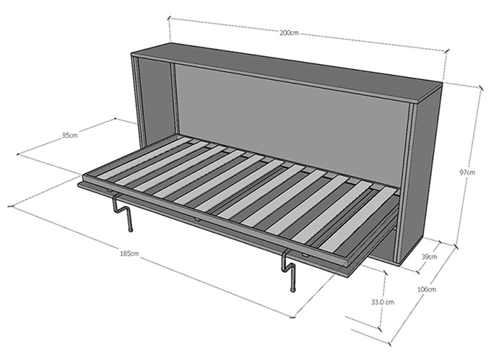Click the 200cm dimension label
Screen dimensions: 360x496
tap(289, 34)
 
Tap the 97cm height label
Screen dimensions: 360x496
tap(466, 173)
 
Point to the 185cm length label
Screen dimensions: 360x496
tap(130, 253)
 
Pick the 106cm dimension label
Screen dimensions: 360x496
tap(426, 289)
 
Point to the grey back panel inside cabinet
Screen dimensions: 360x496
tap(288, 115)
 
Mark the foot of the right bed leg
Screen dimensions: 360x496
tap(292, 289)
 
